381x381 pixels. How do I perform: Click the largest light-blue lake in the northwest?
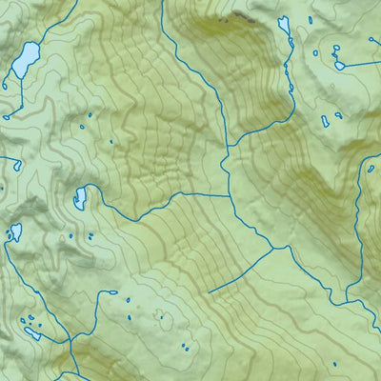tap(24, 60)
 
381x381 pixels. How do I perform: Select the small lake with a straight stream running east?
tap(339, 65)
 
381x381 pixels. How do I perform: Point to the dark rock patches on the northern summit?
tap(238, 17)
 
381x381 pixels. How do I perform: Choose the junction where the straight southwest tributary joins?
tap(274, 249)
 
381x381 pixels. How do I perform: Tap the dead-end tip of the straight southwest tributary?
tap(210, 291)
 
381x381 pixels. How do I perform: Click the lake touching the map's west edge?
tap(15, 231)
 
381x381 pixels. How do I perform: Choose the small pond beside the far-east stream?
tap(370, 170)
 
